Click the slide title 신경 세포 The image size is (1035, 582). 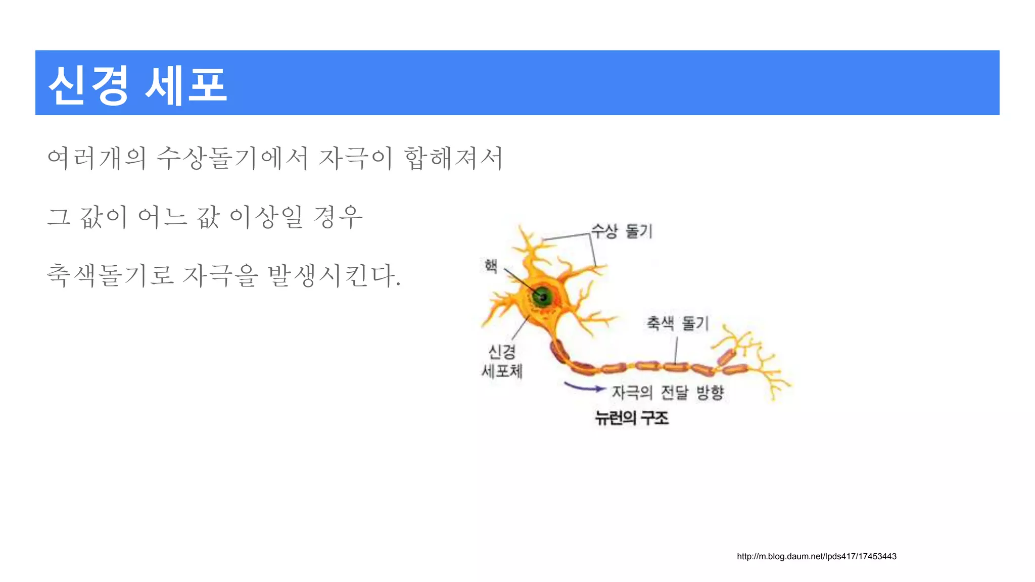137,85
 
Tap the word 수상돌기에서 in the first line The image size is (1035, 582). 232,158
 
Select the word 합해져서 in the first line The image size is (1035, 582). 453,158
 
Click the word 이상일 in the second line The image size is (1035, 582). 266,217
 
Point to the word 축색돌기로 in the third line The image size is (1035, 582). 110,276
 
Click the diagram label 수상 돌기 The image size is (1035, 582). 622,231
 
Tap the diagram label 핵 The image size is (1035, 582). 491,265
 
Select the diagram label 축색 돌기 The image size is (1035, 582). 678,323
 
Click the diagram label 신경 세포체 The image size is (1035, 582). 502,361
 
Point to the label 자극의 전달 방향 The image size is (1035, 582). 668,392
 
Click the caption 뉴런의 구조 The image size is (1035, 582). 632,418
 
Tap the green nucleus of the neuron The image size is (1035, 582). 542,297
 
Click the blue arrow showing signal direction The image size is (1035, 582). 584,387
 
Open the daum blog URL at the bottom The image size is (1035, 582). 816,556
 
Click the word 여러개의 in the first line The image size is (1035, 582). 97,158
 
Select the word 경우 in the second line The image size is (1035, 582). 338,217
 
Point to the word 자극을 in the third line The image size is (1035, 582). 220,276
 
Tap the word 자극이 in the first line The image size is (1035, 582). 355,158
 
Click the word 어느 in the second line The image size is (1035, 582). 162,217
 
